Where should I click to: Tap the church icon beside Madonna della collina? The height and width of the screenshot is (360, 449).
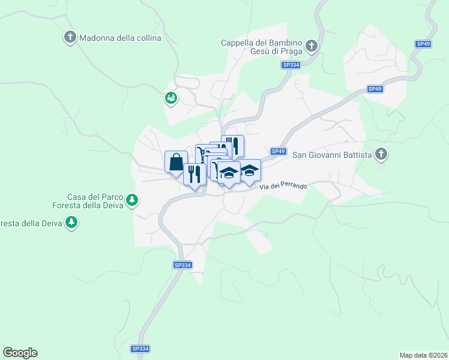click(x=70, y=38)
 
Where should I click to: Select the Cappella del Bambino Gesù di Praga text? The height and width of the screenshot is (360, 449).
click(x=262, y=46)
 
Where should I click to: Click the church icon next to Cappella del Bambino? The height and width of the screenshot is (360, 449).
click(x=312, y=46)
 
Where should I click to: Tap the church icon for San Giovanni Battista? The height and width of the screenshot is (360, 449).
click(x=381, y=155)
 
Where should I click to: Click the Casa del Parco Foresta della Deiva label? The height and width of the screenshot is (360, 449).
click(x=95, y=200)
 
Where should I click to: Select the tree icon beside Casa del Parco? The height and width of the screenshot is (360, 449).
click(x=133, y=200)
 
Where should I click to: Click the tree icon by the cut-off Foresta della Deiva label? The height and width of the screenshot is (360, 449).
click(x=71, y=223)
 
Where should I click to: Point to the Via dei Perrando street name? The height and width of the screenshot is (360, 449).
click(x=283, y=187)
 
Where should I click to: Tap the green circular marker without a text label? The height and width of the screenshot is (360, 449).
click(x=171, y=98)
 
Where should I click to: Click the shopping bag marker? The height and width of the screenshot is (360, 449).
click(x=176, y=162)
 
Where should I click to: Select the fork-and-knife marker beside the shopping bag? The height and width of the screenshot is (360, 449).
click(x=194, y=175)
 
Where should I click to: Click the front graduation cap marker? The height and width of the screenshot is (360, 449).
click(x=228, y=173)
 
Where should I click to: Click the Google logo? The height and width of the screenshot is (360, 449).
click(x=20, y=353)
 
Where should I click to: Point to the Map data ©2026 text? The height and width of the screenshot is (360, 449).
click(x=423, y=355)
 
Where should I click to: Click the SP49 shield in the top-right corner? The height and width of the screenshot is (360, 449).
click(x=423, y=44)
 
